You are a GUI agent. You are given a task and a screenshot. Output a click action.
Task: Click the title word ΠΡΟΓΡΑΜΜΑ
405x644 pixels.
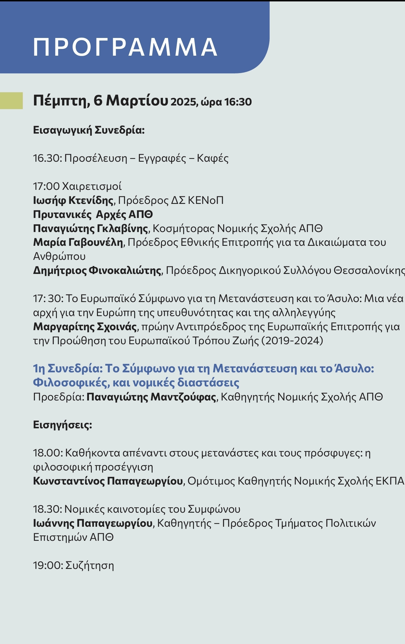tap(125, 47)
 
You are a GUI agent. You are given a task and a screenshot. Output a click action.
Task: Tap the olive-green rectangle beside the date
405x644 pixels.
tap(11, 100)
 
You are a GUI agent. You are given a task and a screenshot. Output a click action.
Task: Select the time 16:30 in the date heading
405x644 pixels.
tap(238, 102)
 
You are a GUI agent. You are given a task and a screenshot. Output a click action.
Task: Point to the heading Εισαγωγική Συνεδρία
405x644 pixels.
tap(89, 130)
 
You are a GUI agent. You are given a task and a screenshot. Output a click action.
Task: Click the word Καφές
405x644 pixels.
tap(212, 158)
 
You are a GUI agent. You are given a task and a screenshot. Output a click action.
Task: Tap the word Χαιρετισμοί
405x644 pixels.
tap(92, 186)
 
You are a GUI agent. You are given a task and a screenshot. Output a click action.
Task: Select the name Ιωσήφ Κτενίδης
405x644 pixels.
tap(73, 201)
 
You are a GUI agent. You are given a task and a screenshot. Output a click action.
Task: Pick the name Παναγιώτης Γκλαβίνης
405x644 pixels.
tap(90, 229)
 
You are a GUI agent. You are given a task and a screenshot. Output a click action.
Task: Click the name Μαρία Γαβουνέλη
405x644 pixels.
tap(78, 242)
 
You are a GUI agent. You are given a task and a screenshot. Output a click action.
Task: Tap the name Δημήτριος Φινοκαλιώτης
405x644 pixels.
tap(97, 271)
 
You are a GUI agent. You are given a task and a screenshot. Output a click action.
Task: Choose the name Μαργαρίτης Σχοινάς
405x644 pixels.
tap(85, 327)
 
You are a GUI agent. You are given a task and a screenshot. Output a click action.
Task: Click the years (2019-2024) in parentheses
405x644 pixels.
tap(292, 341)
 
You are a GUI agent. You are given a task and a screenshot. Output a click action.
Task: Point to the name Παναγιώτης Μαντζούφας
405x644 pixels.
tap(151, 397)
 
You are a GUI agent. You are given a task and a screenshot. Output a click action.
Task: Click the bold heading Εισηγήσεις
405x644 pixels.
tap(62, 425)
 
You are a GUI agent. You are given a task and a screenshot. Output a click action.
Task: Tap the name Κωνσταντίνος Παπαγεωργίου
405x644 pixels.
tap(108, 481)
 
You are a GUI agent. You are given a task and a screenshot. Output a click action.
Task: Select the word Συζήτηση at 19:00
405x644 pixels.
tap(89, 566)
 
